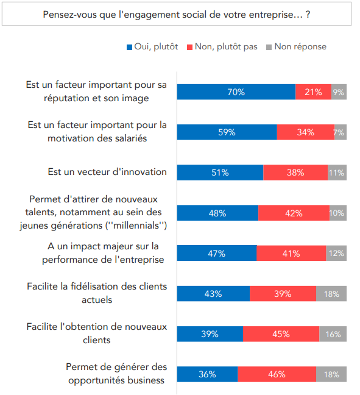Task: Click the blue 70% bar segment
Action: (236, 92)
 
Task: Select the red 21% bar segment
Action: (313, 92)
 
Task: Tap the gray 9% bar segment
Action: (339, 92)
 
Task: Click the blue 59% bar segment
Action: (227, 132)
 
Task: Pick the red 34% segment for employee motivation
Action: (305, 132)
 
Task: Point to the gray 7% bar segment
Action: (340, 132)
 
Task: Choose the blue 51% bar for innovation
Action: (220, 173)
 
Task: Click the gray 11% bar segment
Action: (337, 173)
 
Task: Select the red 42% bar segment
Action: (294, 213)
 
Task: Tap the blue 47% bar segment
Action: (216, 253)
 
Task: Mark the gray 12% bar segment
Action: (336, 253)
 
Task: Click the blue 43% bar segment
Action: (213, 293)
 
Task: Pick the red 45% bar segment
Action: (281, 333)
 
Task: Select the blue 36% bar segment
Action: (207, 374)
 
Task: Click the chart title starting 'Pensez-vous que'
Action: (177, 13)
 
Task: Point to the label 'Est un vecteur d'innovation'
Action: (107, 172)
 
